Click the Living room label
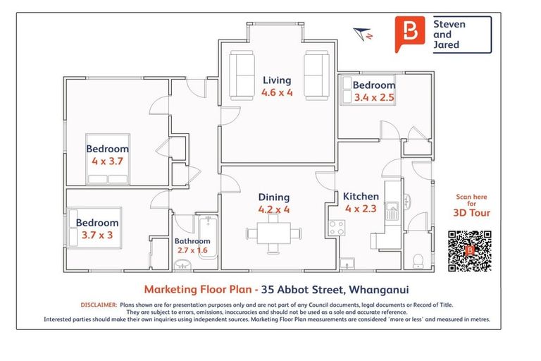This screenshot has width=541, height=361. pyautogui.click(x=276, y=80)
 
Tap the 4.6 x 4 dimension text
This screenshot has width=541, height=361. pyautogui.click(x=276, y=92)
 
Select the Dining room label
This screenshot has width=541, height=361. pyautogui.click(x=274, y=197)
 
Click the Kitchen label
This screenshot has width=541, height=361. pyautogui.click(x=361, y=197)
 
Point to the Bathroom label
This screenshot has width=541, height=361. pyautogui.click(x=192, y=241)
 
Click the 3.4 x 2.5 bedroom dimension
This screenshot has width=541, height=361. pyautogui.click(x=374, y=98)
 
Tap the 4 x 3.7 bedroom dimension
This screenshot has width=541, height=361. pyautogui.click(x=108, y=161)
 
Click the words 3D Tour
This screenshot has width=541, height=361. pyautogui.click(x=471, y=213)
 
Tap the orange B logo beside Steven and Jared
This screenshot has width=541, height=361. pyautogui.click(x=409, y=33)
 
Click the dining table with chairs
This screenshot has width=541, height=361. pyautogui.click(x=273, y=233)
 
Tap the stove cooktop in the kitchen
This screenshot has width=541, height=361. pyautogui.click(x=337, y=227)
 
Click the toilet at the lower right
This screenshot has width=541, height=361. pyautogui.click(x=418, y=260)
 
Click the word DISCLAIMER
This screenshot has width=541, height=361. pyautogui.click(x=99, y=305)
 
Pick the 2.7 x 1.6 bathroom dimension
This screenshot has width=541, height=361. pyautogui.click(x=192, y=250)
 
